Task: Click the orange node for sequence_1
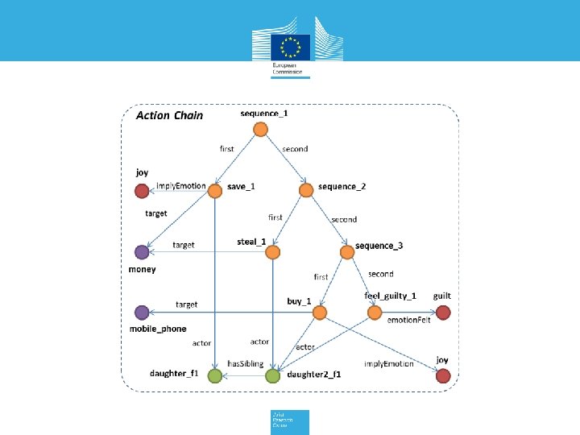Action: (260, 129)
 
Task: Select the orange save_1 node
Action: (215, 190)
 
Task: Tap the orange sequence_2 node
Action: (306, 190)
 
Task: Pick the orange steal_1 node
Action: (273, 252)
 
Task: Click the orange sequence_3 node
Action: (347, 252)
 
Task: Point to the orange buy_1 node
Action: (319, 313)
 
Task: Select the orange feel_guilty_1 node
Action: (375, 313)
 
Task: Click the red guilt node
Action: (442, 313)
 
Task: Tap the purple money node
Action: (142, 252)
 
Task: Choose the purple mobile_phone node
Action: (142, 313)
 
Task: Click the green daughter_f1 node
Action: (215, 375)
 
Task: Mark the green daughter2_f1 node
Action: (273, 375)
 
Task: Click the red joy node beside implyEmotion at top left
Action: (142, 190)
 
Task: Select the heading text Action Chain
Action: (169, 115)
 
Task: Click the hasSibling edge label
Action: (246, 364)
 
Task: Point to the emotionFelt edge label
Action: (409, 320)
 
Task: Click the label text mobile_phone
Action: (158, 329)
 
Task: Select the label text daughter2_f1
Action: (314, 374)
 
